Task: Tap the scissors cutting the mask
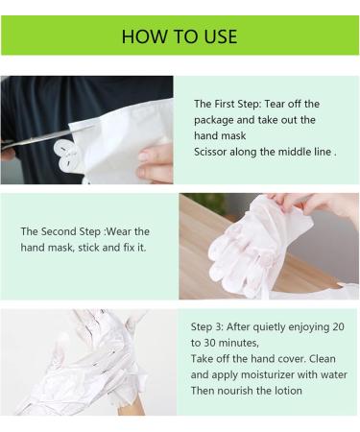(38, 141)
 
